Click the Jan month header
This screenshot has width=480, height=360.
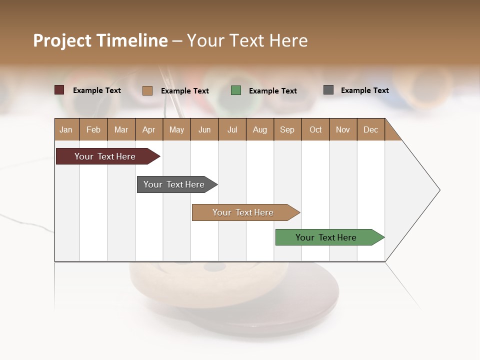(x=66, y=129)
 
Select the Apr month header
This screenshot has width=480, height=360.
(x=149, y=129)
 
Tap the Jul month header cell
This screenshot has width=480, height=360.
(x=232, y=129)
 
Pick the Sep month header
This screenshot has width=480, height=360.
(x=287, y=129)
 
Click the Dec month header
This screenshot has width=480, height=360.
(x=370, y=129)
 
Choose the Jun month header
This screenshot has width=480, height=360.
(x=204, y=129)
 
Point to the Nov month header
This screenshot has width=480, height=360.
(x=343, y=129)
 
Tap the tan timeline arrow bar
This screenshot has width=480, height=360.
(x=243, y=212)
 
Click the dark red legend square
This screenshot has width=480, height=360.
(x=59, y=90)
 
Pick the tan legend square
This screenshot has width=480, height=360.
(x=147, y=90)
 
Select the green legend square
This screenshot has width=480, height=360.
(x=236, y=90)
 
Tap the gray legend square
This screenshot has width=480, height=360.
(x=328, y=90)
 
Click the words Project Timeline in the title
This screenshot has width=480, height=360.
(x=100, y=40)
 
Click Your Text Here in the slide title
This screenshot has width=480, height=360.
(x=247, y=40)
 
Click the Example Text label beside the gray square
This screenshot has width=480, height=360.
(x=364, y=90)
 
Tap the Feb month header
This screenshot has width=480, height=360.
(x=93, y=129)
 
